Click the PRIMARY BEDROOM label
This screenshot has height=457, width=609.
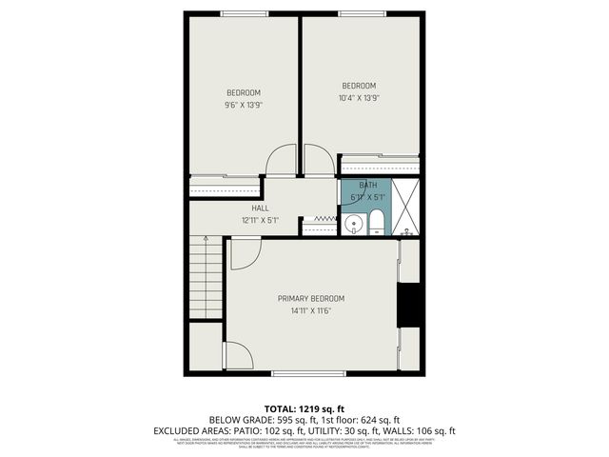coord(311,298)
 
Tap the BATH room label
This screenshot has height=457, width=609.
coord(367,186)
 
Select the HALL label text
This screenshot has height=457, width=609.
coord(260,208)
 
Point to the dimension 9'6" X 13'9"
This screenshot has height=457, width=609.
coord(243,105)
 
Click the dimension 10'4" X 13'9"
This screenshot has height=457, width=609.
coord(359,97)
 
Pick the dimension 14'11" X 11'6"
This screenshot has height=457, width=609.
coord(311,310)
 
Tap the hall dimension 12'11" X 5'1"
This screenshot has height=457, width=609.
coord(260,220)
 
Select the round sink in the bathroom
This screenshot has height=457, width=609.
coord(353,226)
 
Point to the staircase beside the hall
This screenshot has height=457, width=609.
coord(206,276)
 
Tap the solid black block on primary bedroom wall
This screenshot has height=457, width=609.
coord(409,304)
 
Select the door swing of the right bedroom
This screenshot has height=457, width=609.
coord(318,161)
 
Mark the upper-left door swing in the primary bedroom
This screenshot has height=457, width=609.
coord(244,252)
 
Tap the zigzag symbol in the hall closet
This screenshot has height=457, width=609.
coord(325,219)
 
